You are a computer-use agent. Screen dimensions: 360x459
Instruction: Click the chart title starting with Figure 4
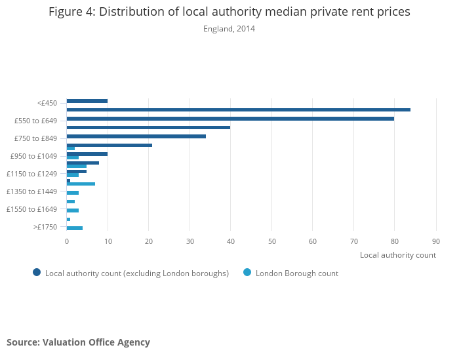pos(229,12)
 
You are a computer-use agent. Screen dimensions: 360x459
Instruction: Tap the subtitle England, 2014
pos(229,29)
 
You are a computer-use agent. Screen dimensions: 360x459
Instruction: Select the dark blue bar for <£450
pos(87,101)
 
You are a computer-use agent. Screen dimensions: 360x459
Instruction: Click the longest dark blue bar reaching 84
pos(238,110)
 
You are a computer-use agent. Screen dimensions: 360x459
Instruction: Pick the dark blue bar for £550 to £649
pos(230,119)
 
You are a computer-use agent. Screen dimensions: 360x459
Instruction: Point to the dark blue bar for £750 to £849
pos(136,136)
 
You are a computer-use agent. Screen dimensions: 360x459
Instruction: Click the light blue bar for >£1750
pos(74,228)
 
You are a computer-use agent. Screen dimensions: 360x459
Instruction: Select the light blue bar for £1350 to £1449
pos(72,193)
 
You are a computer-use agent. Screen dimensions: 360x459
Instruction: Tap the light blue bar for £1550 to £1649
pos(72,210)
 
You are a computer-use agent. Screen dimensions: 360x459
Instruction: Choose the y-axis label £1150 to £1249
pos(32,174)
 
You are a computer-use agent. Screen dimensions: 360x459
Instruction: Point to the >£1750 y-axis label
pos(45,227)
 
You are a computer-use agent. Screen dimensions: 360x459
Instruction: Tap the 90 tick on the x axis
pos(435,241)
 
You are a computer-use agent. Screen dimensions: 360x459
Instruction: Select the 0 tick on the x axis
pos(66,241)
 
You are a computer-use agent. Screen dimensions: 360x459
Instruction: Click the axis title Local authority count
pos(397,255)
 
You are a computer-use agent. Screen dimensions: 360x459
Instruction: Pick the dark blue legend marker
pos(37,273)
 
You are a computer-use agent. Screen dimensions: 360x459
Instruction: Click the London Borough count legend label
pos(296,273)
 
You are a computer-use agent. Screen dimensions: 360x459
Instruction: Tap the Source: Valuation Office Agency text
pos(78,342)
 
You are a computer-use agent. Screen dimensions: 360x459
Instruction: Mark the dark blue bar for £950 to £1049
pos(87,154)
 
